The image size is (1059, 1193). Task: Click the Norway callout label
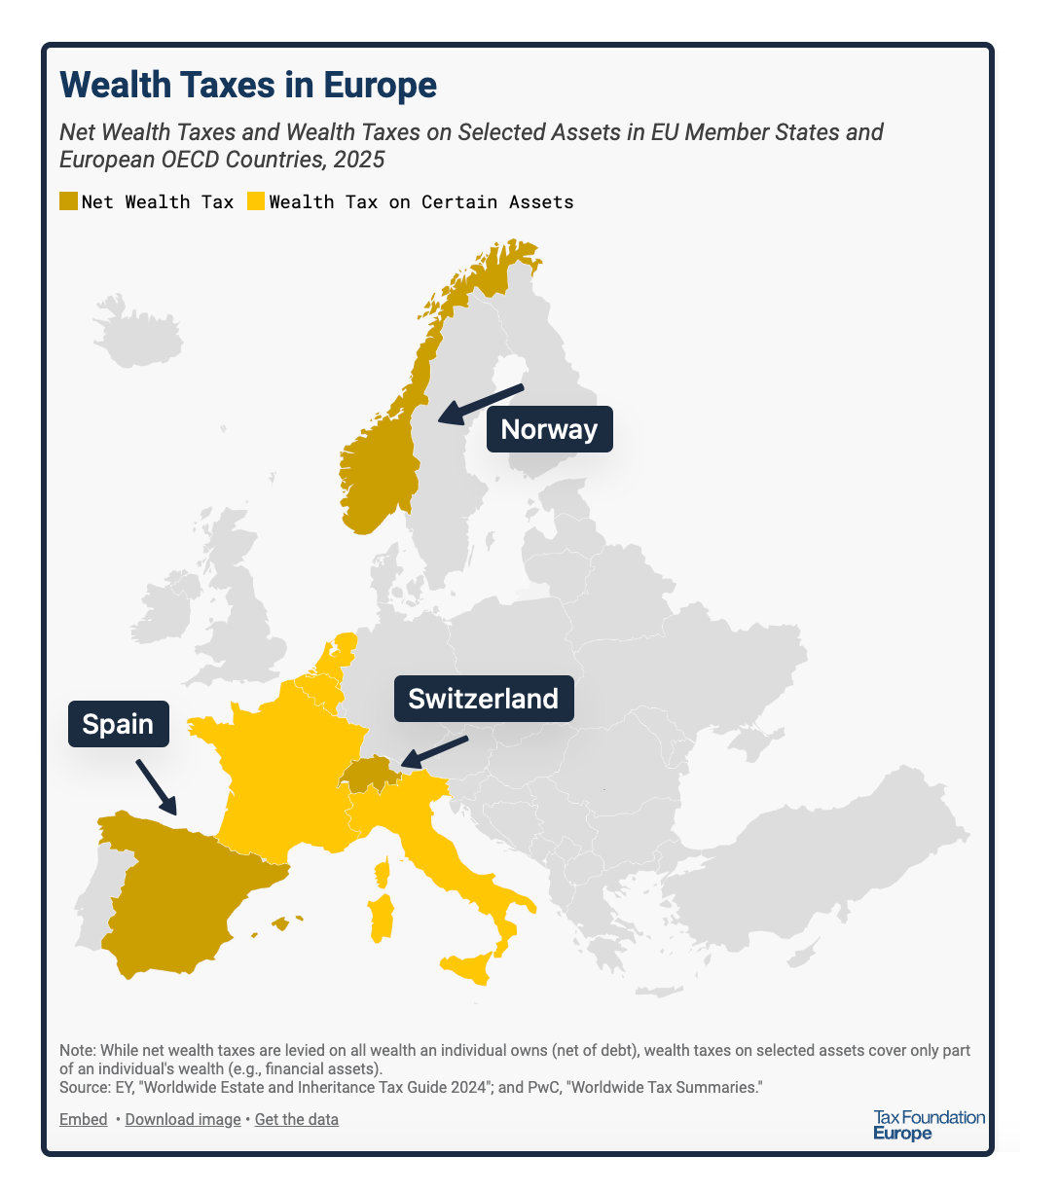click(549, 429)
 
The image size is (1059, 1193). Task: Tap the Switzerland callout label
click(483, 699)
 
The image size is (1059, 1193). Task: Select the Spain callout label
click(118, 724)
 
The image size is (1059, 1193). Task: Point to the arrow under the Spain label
click(156, 787)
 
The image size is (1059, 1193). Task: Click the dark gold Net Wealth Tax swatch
click(68, 201)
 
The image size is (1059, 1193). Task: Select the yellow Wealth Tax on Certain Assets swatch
click(256, 201)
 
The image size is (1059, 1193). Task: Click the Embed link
click(84, 1119)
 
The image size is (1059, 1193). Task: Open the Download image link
click(183, 1119)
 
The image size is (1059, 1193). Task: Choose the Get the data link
click(297, 1119)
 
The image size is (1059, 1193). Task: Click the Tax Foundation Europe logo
click(929, 1125)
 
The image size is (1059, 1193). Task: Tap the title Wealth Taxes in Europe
click(248, 85)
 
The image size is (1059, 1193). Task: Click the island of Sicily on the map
click(467, 967)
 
